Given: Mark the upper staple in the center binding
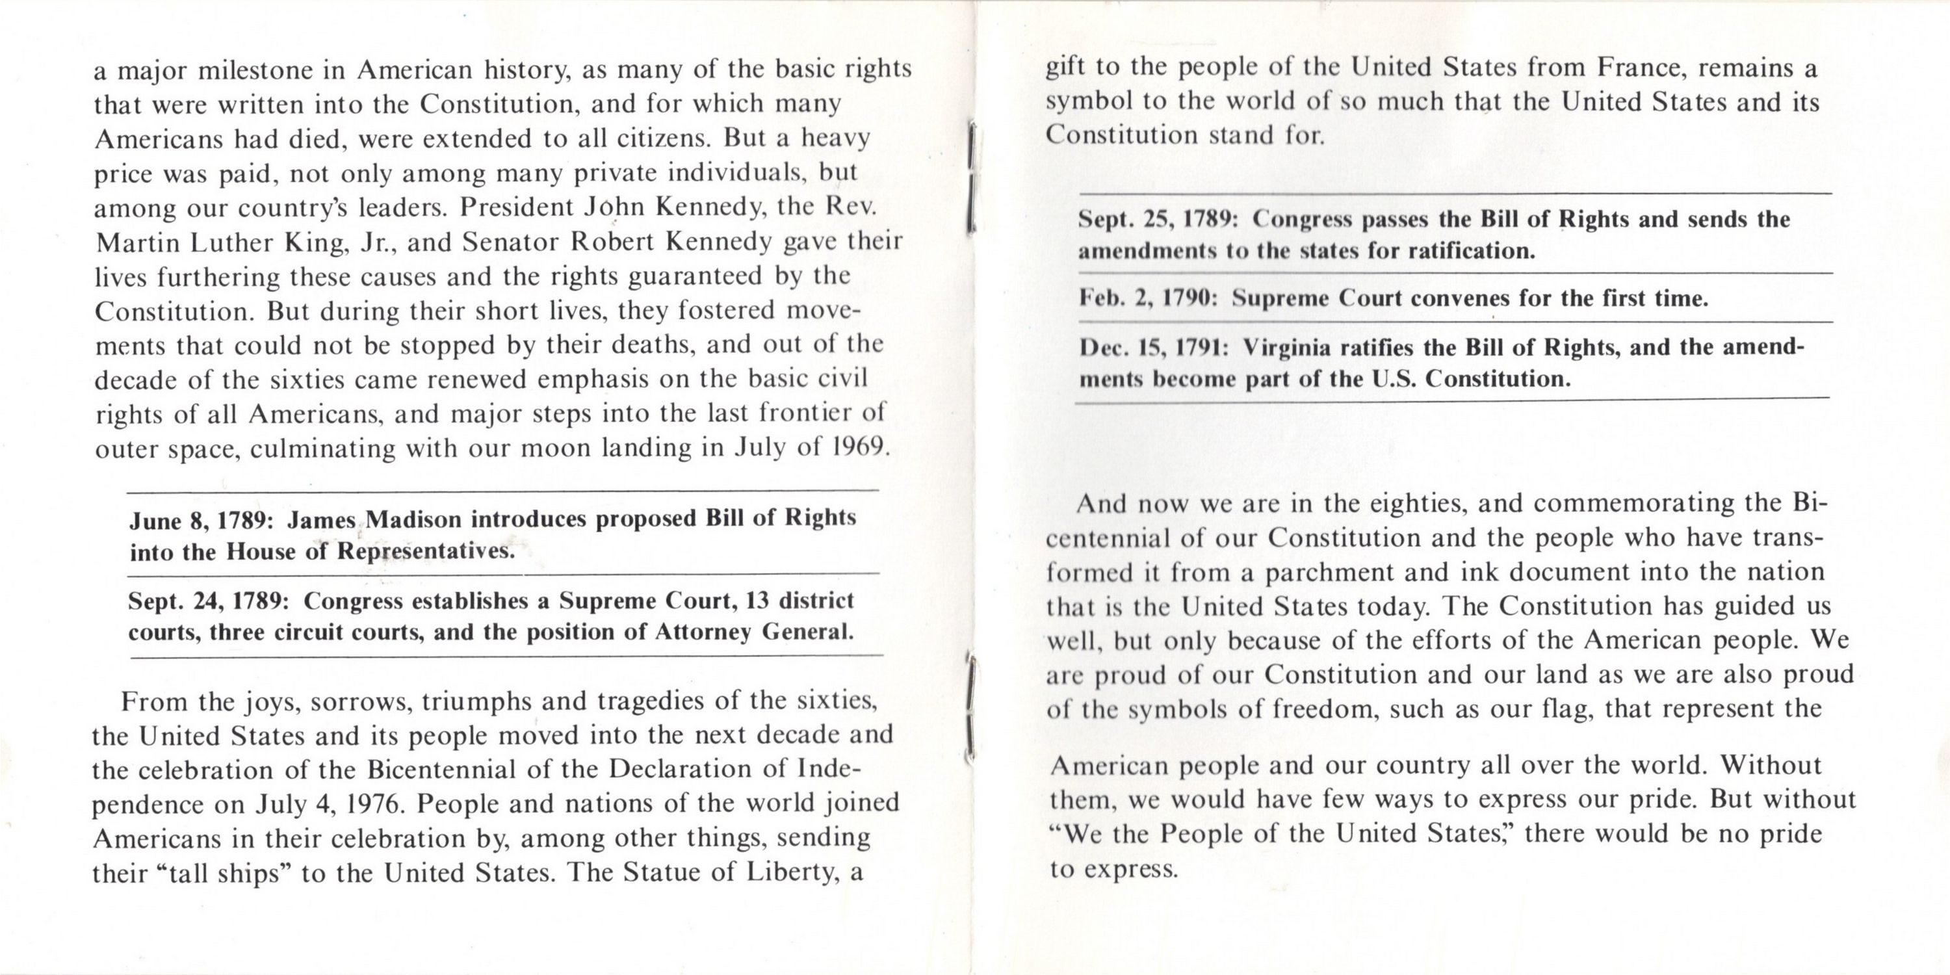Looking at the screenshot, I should click(x=971, y=175).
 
